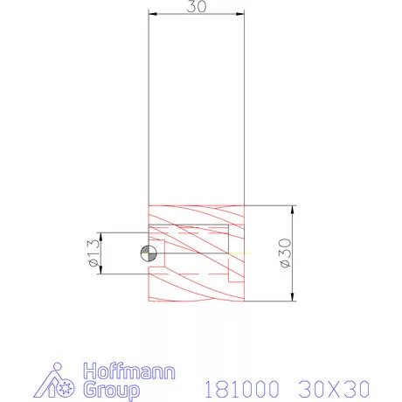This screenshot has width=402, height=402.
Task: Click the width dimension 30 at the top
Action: click(x=196, y=7)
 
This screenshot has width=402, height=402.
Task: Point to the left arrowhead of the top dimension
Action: click(x=152, y=15)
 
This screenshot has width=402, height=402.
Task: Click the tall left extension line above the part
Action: click(x=148, y=105)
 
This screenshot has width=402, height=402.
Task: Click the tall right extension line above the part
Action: click(x=244, y=105)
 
